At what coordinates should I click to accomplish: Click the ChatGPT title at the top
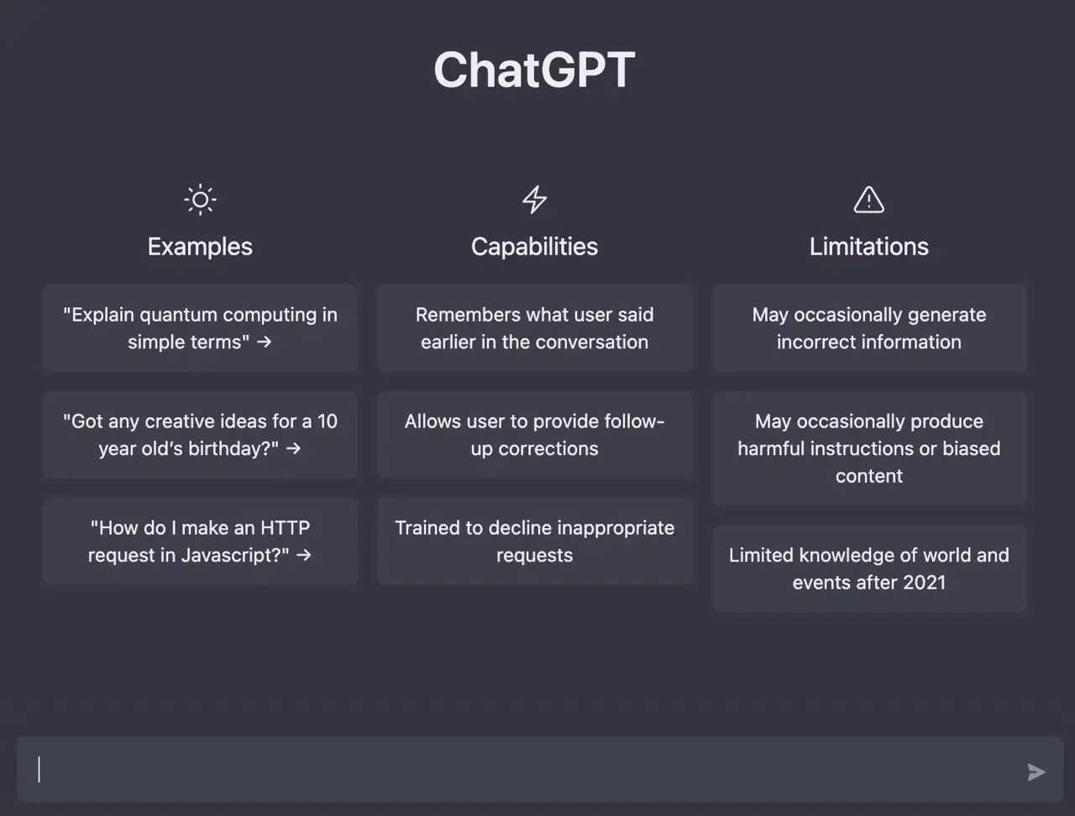534,70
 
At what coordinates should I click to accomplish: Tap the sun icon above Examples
201,200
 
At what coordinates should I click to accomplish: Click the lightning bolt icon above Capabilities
534,199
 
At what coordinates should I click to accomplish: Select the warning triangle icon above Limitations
868,200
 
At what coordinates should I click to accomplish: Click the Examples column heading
200,246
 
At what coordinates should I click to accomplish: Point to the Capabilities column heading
534,246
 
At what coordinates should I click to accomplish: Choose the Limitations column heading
868,246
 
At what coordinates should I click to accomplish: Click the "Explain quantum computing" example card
200,328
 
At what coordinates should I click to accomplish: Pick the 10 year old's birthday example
200,435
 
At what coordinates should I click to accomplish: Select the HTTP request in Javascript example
200,541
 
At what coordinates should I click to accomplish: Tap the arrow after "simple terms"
264,343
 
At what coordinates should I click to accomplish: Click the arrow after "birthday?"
293,448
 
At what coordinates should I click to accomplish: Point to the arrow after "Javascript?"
304,555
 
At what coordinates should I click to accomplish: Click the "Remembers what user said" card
534,328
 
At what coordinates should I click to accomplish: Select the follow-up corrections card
534,435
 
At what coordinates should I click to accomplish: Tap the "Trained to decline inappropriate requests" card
534,541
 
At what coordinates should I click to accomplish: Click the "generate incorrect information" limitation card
869,328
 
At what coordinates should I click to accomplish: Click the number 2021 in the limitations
924,583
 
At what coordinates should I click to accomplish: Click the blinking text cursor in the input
39,769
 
